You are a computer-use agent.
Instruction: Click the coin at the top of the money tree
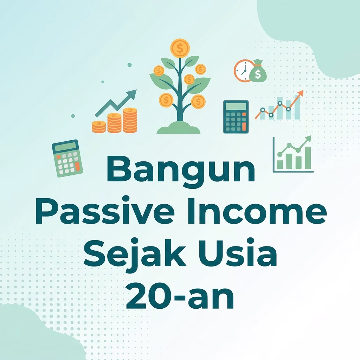click(180, 48)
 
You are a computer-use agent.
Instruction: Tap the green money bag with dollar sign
click(258, 71)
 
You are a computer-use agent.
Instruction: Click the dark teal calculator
click(236, 117)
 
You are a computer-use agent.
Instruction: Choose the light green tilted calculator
click(67, 159)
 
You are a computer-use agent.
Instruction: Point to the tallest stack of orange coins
click(130, 120)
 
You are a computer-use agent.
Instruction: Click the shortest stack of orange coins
click(99, 127)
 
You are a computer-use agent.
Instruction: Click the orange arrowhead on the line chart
click(300, 94)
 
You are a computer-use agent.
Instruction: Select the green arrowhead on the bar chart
click(308, 139)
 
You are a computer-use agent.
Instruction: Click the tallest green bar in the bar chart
click(308, 158)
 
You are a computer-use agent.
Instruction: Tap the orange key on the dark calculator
click(244, 127)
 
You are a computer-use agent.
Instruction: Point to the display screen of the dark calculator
click(236, 107)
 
